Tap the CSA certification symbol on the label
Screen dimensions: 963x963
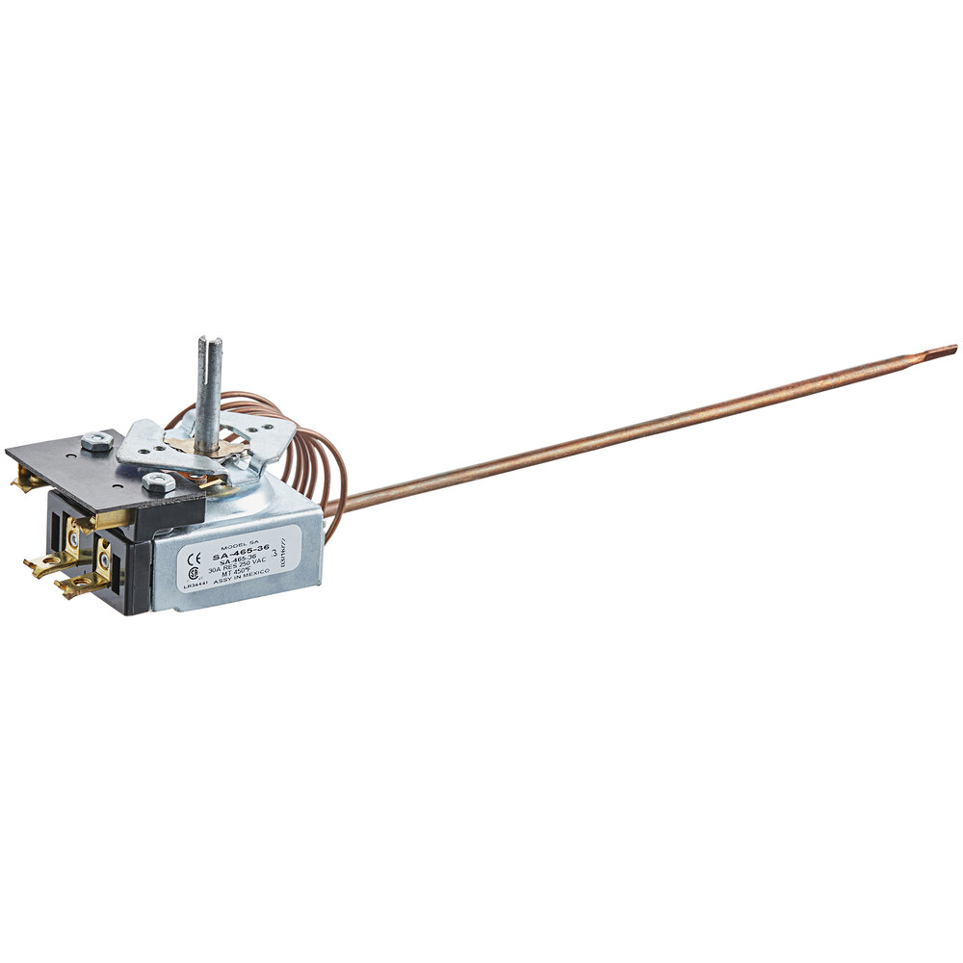(x=195, y=572)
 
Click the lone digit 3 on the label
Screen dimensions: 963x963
(x=276, y=554)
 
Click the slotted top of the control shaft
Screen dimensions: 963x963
(x=210, y=343)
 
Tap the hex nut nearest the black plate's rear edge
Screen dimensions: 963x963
(x=96, y=441)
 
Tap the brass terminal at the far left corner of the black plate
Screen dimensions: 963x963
(x=25, y=478)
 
